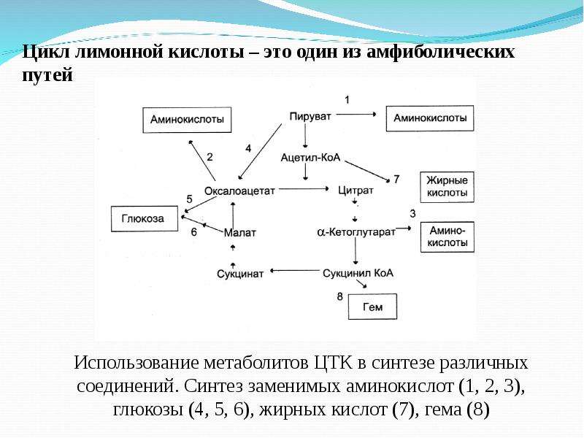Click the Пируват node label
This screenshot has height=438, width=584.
[310, 117]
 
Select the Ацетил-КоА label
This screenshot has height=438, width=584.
[311, 158]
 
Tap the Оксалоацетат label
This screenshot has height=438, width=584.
[239, 191]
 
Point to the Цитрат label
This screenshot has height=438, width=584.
[356, 191]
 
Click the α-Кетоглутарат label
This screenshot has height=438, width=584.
[356, 231]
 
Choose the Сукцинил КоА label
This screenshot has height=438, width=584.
[358, 273]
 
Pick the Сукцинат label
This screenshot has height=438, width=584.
[240, 274]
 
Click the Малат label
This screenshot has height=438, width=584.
[240, 233]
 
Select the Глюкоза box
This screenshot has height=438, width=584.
[145, 218]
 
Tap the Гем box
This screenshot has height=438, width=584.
[372, 307]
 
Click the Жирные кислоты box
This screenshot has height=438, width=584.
[447, 187]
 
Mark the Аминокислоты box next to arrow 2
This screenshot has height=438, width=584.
[187, 120]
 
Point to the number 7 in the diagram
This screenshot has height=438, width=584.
[396, 180]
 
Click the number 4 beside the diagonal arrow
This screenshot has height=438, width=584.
[248, 149]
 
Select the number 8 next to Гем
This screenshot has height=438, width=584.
[339, 296]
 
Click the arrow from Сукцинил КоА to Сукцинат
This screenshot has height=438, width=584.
[296, 271]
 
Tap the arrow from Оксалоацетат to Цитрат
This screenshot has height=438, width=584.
[304, 189]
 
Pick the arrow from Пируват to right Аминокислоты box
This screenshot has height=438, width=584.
[356, 115]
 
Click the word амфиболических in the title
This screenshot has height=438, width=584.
[441, 52]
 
